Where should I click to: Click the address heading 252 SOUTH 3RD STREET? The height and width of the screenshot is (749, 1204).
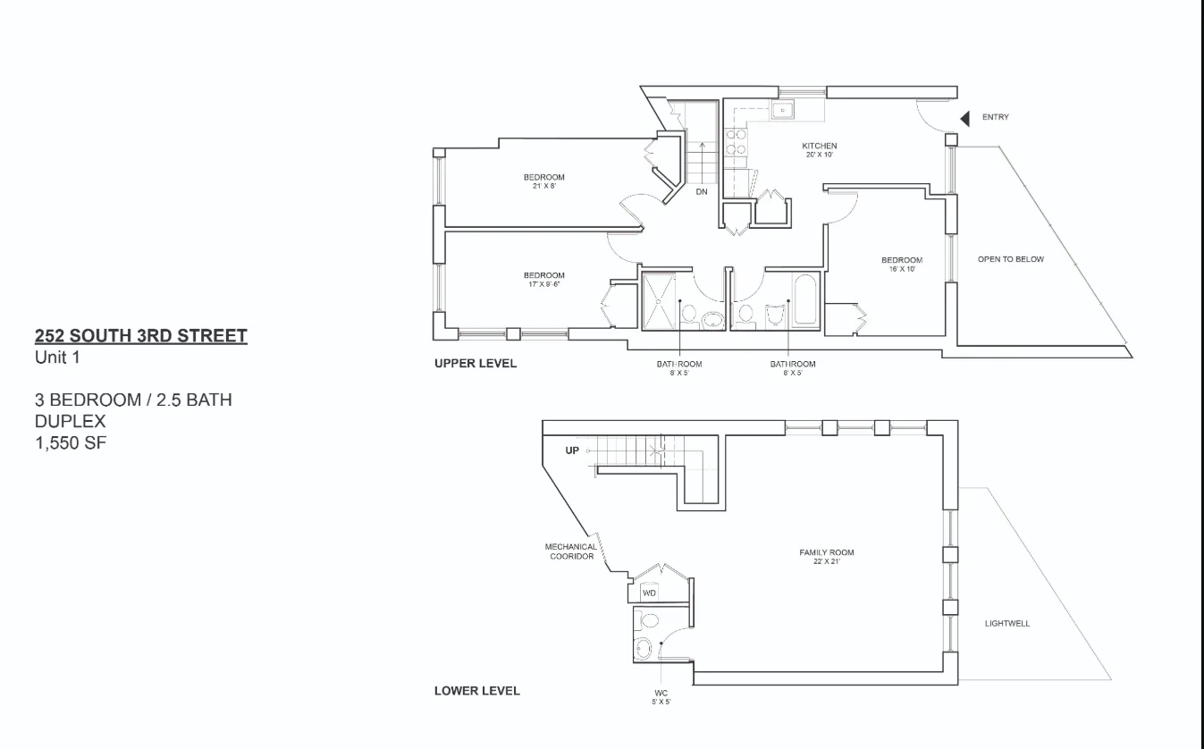[140, 336]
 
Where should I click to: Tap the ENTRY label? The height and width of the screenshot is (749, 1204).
[995, 117]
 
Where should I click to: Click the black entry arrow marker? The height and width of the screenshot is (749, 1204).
[965, 118]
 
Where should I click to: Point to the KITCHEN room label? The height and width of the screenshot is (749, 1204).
[819, 147]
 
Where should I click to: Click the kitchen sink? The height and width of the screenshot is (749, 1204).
[783, 110]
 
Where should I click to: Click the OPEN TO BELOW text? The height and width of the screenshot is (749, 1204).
[1010, 260]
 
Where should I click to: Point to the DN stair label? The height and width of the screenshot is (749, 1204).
[702, 191]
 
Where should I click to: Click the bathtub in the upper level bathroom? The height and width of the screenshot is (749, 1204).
[804, 302]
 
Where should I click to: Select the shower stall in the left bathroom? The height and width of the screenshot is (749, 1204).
[659, 302]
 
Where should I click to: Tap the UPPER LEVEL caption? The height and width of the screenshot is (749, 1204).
[476, 364]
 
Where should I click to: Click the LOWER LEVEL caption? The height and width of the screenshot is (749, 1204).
[476, 691]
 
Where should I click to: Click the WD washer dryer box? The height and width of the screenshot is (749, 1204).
[650, 593]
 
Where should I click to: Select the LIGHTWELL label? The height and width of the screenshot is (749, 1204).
[1006, 624]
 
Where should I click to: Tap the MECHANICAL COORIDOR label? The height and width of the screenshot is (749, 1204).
[571, 551]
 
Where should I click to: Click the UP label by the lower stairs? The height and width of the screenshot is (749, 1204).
[572, 451]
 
